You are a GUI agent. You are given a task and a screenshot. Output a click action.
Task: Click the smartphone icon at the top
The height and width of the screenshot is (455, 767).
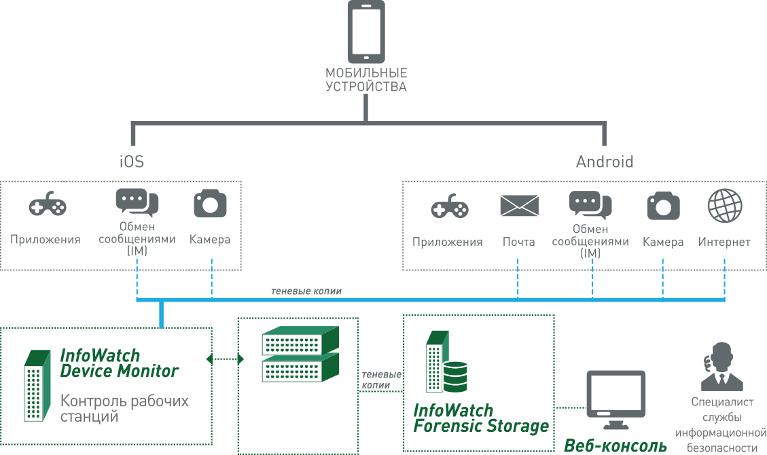point(365,31)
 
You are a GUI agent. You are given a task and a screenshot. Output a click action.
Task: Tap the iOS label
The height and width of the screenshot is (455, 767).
point(131,162)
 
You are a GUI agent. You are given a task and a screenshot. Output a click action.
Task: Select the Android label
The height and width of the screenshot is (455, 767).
point(605,162)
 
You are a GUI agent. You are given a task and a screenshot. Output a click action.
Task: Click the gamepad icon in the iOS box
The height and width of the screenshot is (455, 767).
point(48,206)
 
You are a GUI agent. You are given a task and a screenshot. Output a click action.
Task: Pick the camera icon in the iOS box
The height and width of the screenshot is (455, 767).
point(210,204)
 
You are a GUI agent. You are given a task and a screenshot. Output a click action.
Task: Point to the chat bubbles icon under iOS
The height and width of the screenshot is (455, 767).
point(137,202)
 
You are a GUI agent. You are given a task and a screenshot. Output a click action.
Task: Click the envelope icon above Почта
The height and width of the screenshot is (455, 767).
point(519,206)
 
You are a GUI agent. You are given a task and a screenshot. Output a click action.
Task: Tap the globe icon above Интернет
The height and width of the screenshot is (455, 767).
point(725,206)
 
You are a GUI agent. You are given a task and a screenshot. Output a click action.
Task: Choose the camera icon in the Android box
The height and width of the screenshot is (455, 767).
point(663,206)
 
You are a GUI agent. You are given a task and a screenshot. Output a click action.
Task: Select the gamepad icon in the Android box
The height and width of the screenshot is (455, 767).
point(450,207)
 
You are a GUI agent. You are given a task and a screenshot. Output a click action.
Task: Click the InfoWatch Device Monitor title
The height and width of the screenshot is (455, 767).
point(119,363)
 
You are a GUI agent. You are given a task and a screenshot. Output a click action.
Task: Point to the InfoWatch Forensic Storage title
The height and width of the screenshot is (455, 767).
point(480,418)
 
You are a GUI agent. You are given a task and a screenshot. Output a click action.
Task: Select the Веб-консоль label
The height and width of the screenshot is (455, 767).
point(616,445)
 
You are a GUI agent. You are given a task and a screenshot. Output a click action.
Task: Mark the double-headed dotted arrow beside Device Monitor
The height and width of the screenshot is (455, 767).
point(225,358)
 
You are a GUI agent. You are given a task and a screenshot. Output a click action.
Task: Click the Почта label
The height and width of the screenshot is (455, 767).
point(519,242)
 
